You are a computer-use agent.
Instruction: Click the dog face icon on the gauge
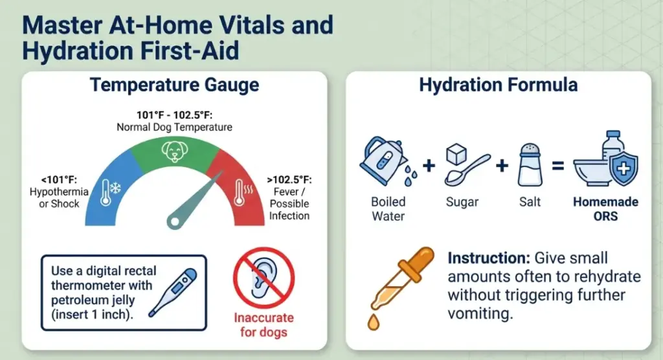(175, 151)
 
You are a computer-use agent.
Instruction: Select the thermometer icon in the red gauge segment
(243, 192)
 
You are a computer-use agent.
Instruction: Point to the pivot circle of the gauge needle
(174, 221)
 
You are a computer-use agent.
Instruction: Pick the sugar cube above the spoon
(456, 154)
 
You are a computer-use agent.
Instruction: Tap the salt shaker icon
(530, 165)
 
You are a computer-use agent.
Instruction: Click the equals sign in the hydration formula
(557, 165)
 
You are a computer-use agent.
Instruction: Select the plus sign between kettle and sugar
(429, 165)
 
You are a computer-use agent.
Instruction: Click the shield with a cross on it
(624, 168)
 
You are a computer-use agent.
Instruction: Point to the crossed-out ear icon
(264, 278)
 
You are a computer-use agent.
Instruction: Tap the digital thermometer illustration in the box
(173, 293)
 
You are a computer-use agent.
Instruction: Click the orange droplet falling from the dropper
(374, 322)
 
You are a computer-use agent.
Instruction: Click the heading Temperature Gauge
(174, 85)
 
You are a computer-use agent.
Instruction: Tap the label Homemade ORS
(605, 209)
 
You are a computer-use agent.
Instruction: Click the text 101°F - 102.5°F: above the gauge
(174, 115)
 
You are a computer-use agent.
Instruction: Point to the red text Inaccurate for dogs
(264, 325)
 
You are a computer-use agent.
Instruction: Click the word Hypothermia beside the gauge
(59, 192)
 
